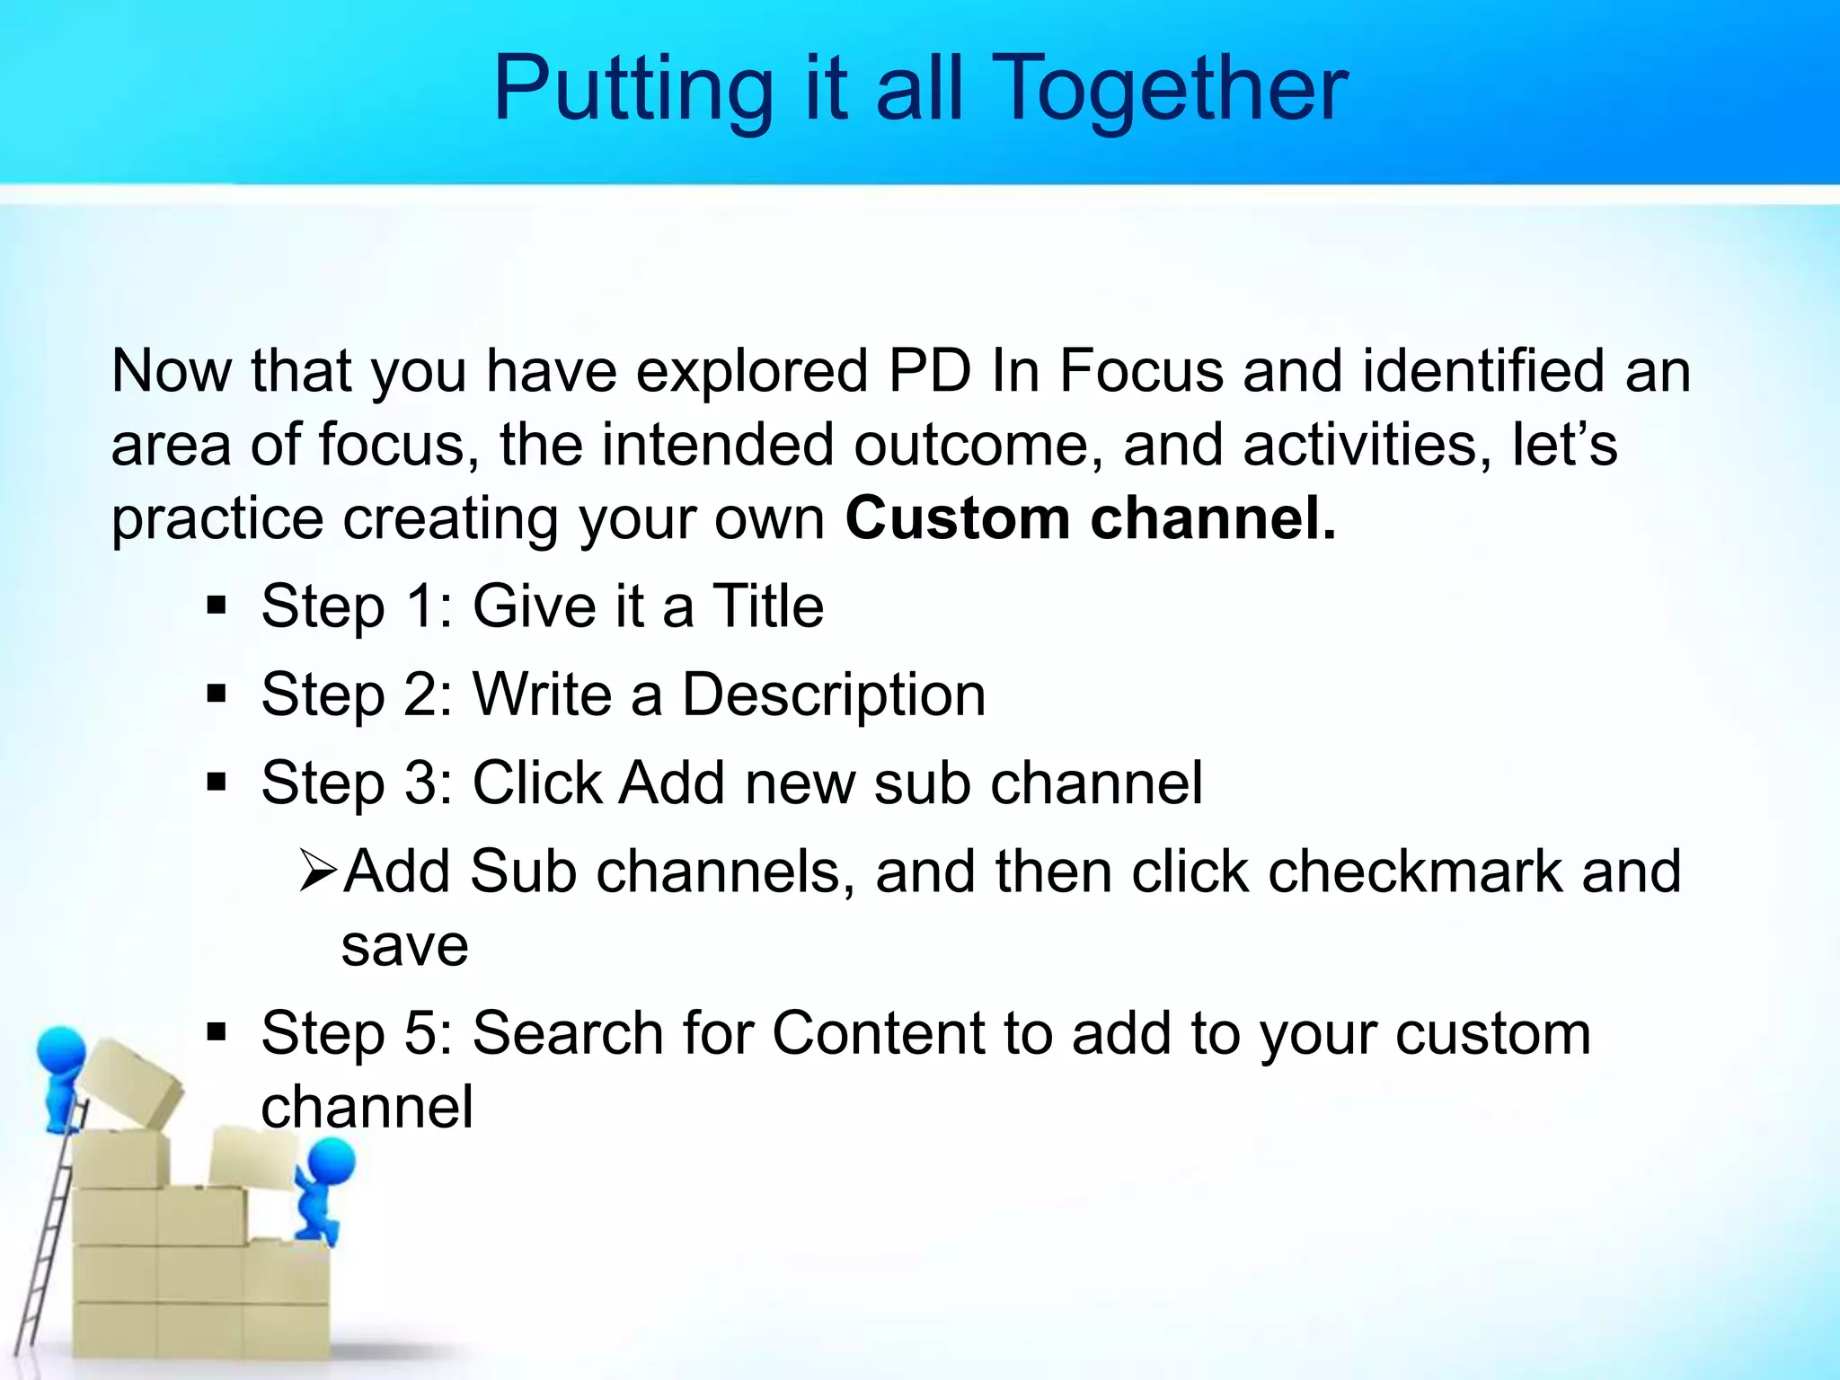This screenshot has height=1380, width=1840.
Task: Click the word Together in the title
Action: coord(1172,88)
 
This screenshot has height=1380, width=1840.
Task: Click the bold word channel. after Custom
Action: coord(1213,519)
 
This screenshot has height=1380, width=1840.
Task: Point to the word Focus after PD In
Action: coord(1141,370)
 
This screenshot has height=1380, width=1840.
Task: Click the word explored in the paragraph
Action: coord(752,370)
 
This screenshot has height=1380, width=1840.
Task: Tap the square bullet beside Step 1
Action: coord(217,606)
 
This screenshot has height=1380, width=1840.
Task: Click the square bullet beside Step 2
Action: coord(217,694)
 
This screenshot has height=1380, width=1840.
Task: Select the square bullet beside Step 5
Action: coord(217,1032)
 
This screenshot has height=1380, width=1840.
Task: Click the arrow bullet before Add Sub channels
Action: coord(317,871)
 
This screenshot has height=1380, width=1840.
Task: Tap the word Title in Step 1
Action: coord(767,606)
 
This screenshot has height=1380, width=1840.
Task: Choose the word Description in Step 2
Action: coord(834,694)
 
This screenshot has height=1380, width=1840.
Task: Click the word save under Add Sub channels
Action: coord(404,945)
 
